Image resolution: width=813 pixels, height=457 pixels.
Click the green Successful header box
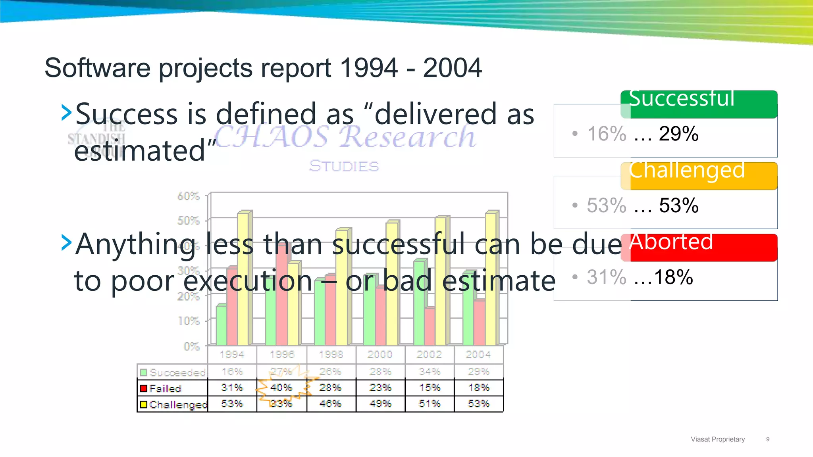tap(699, 104)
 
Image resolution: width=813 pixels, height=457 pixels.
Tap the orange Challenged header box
tap(699, 176)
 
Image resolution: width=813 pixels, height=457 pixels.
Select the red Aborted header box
tap(699, 248)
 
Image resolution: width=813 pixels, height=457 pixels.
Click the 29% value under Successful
tap(678, 134)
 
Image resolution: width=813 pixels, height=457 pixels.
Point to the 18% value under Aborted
tap(673, 277)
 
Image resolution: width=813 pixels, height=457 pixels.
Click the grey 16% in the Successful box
tap(607, 134)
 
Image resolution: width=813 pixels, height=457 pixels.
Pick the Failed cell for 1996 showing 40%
tap(281, 388)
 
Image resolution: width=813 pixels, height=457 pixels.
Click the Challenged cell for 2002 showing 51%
tap(430, 404)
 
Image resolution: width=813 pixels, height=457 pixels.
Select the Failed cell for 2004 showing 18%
tap(479, 388)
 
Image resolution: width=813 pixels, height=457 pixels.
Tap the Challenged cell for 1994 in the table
tap(232, 404)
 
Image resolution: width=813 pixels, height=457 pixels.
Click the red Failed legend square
tap(144, 388)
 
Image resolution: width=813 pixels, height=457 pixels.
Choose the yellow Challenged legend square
tap(144, 404)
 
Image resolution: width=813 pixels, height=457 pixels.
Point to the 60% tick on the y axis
tap(188, 196)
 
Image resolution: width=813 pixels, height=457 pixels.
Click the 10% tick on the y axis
tap(188, 321)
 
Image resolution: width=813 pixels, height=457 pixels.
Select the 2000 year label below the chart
tap(380, 354)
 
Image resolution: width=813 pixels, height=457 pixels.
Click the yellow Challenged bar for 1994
tap(243, 278)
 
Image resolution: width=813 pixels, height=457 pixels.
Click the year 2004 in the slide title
tap(452, 68)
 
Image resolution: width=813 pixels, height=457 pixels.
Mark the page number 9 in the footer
tap(768, 439)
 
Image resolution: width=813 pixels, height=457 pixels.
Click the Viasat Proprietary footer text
tap(718, 439)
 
